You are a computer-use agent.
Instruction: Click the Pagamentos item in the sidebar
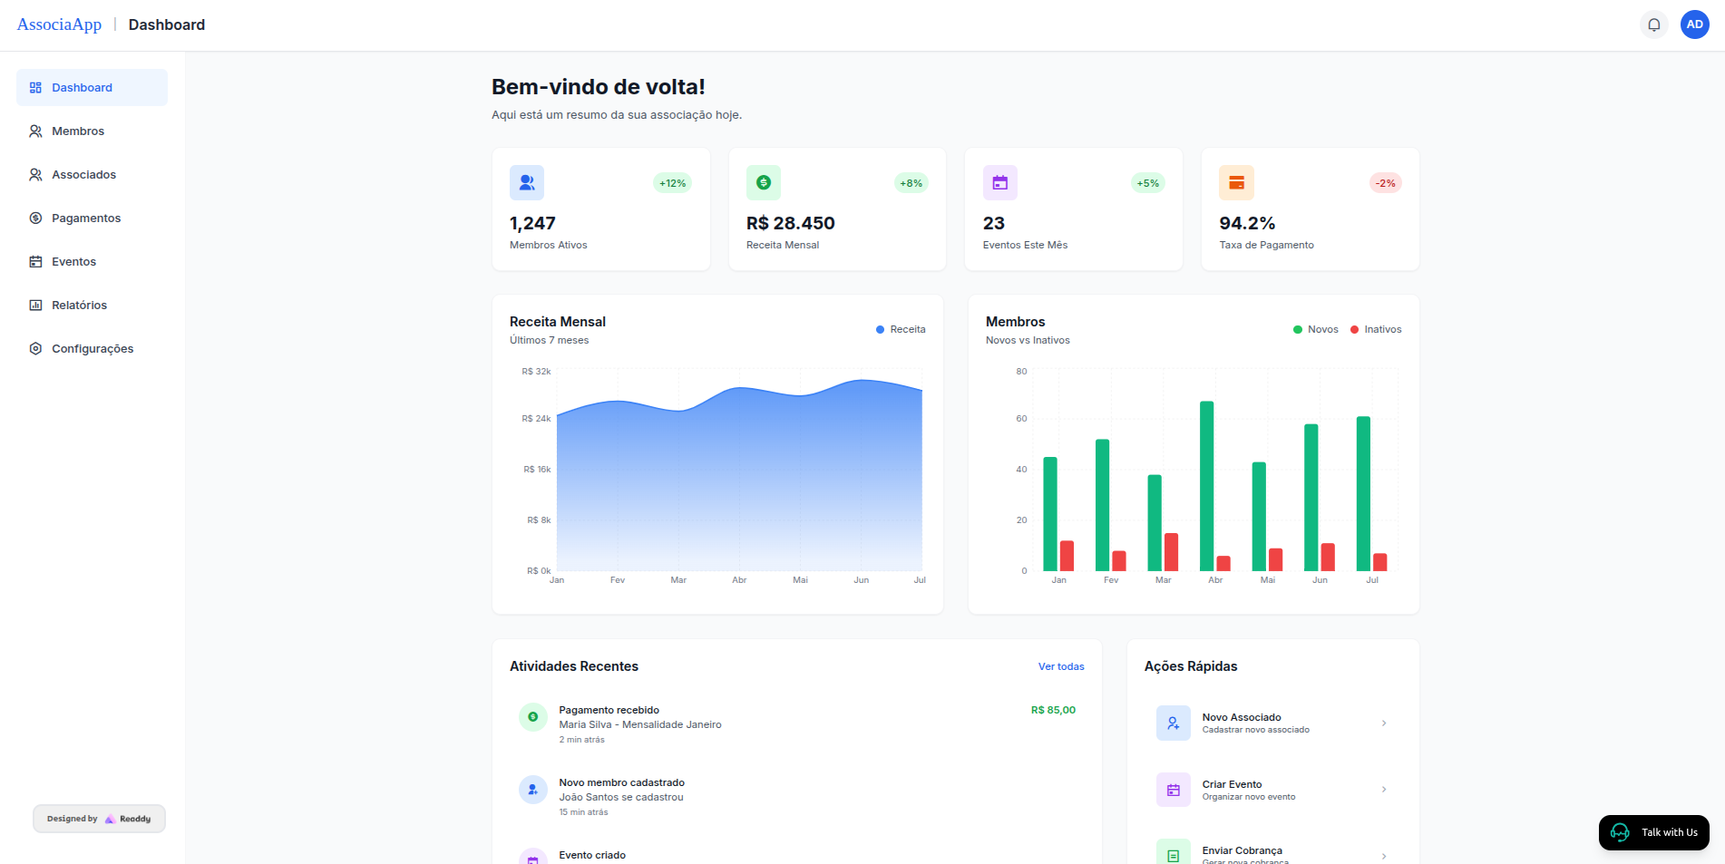(85, 218)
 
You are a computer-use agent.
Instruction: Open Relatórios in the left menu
(79, 305)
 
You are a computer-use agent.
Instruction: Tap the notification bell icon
(1653, 24)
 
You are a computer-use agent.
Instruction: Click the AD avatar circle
(1694, 24)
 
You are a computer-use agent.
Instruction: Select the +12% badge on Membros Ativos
(672, 183)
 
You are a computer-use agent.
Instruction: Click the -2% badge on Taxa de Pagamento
(1385, 183)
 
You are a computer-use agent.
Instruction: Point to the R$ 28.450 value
(790, 223)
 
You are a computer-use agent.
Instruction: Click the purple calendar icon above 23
(999, 182)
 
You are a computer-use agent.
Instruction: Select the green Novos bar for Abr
(1206, 485)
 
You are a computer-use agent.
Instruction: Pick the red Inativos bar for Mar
(1171, 551)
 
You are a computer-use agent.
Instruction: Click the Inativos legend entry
(1376, 329)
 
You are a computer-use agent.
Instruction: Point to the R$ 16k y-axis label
(537, 469)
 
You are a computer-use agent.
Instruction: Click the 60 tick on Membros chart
(1021, 418)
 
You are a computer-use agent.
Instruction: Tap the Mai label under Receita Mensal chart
(800, 580)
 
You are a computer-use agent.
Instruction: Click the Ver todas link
(1060, 666)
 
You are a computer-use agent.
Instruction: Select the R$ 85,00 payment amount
(1053, 710)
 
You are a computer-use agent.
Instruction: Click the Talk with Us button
(1653, 832)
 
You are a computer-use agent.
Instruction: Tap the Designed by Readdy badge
(99, 819)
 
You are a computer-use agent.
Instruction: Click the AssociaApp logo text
(59, 24)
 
